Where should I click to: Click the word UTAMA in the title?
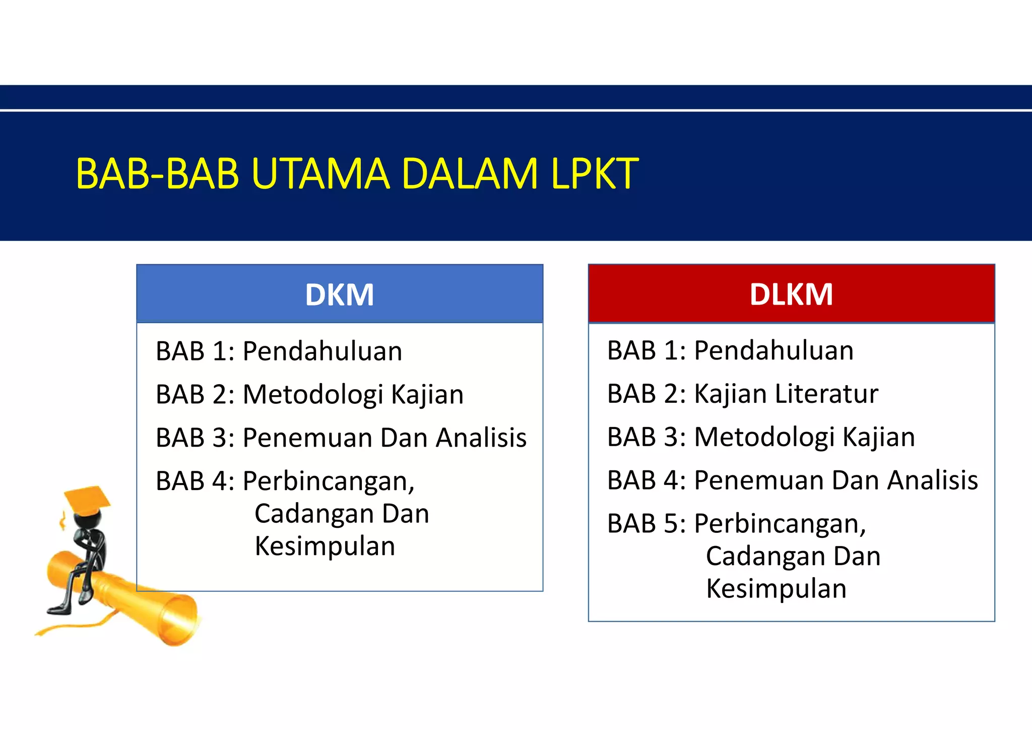click(320, 174)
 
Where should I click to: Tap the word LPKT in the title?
click(595, 174)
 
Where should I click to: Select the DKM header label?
click(339, 294)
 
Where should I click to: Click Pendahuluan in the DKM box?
click(322, 351)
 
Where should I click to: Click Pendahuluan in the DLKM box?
click(774, 350)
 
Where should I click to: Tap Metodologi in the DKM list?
click(312, 395)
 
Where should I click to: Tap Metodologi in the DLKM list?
click(764, 437)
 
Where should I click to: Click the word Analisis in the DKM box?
click(481, 438)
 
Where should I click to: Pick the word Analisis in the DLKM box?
click(933, 480)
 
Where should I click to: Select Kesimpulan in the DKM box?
click(325, 546)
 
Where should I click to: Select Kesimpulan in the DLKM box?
click(777, 589)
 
